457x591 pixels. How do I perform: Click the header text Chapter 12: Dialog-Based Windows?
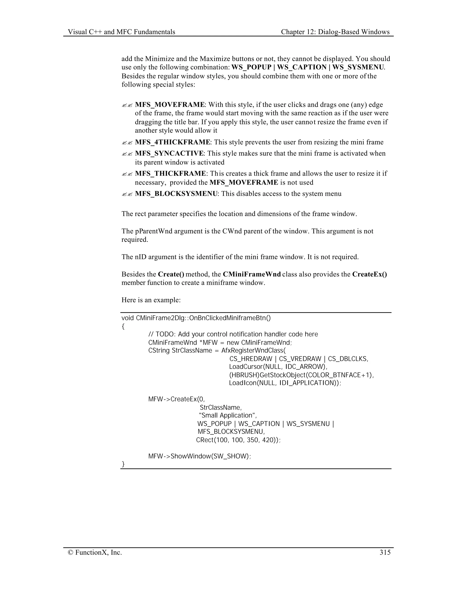(335, 32)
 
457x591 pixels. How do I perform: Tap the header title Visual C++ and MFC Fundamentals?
(121, 32)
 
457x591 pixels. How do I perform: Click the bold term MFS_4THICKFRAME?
(172, 142)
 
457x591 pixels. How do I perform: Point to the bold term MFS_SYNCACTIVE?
(169, 153)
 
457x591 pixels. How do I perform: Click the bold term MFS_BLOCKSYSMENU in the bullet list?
(176, 194)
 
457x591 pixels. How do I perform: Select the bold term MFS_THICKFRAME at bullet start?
(170, 174)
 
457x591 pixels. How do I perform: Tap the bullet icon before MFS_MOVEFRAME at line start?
(127, 105)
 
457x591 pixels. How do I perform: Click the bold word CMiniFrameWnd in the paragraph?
(252, 274)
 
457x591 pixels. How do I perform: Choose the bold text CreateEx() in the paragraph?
(370, 274)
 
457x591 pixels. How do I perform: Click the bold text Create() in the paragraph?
(171, 274)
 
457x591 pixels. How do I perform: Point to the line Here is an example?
(151, 300)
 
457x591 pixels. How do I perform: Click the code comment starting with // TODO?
(233, 334)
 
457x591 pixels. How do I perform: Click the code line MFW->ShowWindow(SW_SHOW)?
(199, 456)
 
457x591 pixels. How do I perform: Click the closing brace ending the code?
(123, 464)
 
